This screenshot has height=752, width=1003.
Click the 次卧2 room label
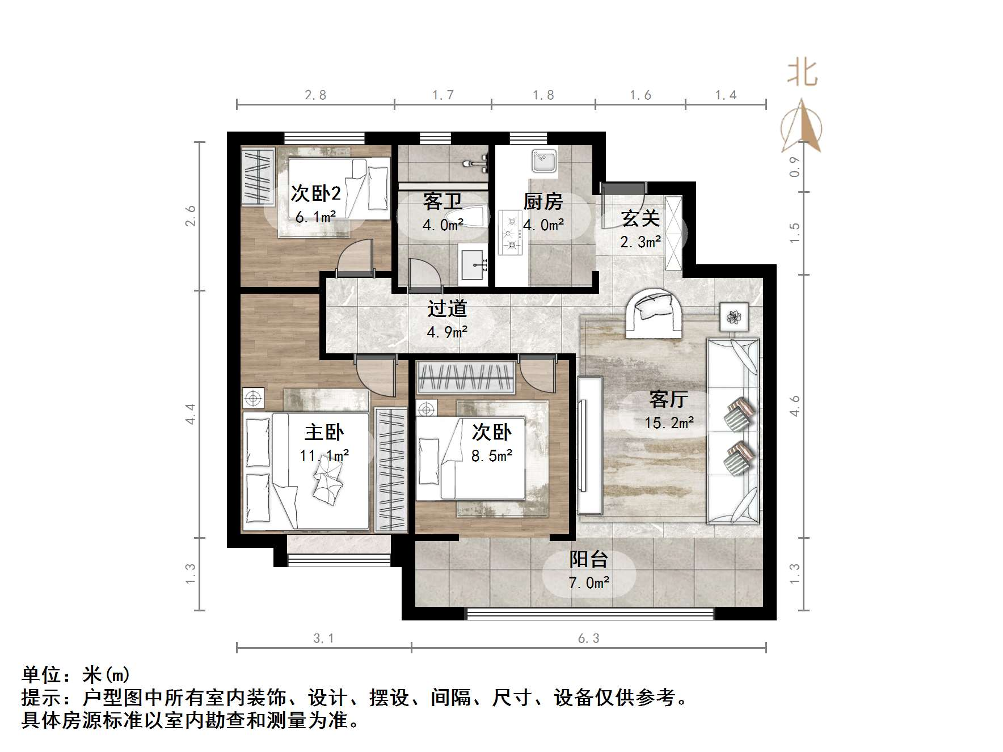[315, 193]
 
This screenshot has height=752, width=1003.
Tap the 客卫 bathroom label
[442, 201]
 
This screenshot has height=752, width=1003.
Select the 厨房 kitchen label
[543, 201]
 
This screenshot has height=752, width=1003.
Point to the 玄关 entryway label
[640, 218]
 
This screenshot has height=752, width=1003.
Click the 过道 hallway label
[447, 309]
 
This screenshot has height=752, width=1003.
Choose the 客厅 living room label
[668, 399]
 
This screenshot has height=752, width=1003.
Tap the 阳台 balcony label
[589, 559]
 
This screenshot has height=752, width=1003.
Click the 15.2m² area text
[669, 423]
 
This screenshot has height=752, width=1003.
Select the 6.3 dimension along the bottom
[588, 639]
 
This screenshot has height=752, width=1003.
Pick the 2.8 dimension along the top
[315, 95]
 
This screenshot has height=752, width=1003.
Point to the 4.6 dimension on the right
[794, 406]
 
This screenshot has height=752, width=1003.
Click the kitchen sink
[545, 160]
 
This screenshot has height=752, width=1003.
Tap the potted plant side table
[734, 317]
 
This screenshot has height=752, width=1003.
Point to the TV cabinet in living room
[589, 445]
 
